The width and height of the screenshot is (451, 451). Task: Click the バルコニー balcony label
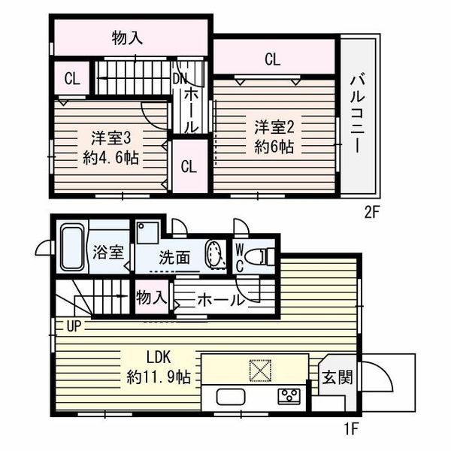tap(358, 114)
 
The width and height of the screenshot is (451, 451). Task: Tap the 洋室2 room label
tap(274, 128)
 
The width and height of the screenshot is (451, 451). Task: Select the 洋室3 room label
tap(111, 138)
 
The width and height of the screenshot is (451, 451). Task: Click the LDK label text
tap(159, 358)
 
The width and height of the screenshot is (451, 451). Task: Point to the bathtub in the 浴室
tap(71, 249)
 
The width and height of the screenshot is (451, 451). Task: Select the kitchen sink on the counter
tap(231, 397)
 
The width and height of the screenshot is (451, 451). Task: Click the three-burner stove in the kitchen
tap(289, 396)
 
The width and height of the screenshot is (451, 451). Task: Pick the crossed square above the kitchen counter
tap(261, 371)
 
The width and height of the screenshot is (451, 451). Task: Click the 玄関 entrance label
tap(337, 377)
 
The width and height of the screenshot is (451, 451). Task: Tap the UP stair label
tap(74, 326)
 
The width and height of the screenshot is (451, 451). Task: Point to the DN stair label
tap(180, 78)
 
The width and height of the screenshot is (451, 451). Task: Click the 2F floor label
tap(372, 213)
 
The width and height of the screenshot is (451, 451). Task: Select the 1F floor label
tap(351, 429)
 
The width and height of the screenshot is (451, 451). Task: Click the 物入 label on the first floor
tap(152, 297)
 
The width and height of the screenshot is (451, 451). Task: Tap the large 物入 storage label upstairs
tap(127, 38)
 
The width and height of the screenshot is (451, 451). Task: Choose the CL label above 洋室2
tap(272, 60)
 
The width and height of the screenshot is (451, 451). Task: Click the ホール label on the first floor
tap(220, 300)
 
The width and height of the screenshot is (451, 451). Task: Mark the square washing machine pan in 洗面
tap(147, 233)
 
